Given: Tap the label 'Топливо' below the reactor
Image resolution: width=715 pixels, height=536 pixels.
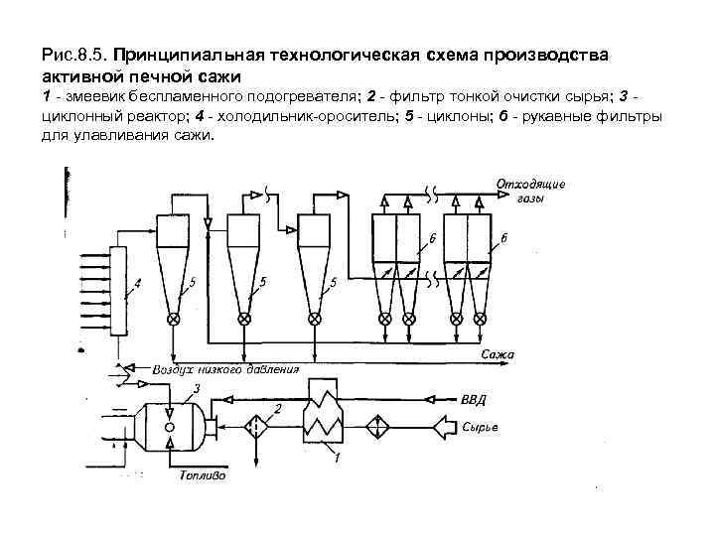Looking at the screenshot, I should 203,475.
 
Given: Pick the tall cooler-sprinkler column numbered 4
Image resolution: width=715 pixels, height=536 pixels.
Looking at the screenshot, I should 119,290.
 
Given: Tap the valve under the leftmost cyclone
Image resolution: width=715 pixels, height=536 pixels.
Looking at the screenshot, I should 175,319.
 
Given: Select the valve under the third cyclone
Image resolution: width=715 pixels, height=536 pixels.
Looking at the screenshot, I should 315,319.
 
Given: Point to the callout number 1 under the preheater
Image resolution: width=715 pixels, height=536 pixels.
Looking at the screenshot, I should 338,459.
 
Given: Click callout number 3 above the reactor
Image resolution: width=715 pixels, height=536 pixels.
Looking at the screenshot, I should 198,388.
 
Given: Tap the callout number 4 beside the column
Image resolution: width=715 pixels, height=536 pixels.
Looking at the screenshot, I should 138,283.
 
